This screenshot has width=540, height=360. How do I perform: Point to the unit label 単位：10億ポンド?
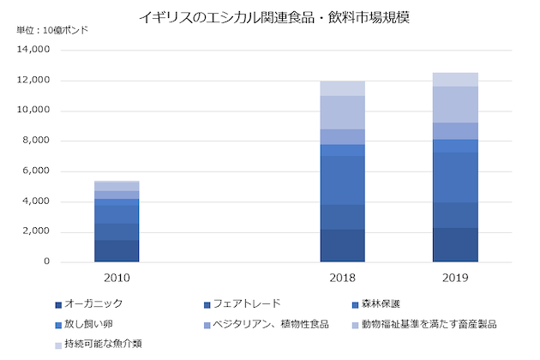[x=52, y=31]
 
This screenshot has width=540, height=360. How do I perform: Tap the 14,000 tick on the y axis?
[x=33, y=50]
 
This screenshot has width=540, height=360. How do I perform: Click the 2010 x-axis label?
[x=117, y=279]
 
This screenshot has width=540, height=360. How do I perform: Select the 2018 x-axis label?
[x=343, y=279]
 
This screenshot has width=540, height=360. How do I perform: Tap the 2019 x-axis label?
[x=455, y=279]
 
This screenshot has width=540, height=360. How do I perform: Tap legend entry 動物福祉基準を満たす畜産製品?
[x=429, y=324]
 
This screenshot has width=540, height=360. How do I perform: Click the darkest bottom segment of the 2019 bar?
[x=455, y=244]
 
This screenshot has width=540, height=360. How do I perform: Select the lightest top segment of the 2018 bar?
[x=343, y=88]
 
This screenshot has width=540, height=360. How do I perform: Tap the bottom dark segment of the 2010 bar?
[x=117, y=250]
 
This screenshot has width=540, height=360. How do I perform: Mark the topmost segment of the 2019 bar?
[x=455, y=80]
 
